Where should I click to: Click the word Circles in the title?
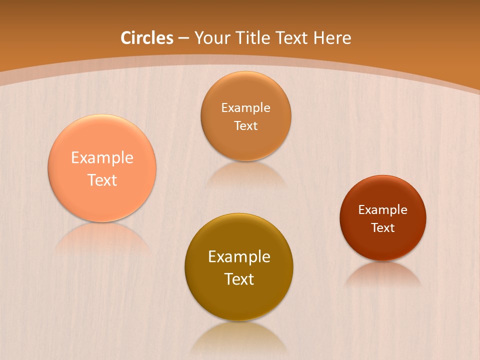147,38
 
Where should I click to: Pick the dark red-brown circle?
383,245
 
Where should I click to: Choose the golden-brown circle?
239,300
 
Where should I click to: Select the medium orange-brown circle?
246,145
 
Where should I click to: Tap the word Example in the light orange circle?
102,158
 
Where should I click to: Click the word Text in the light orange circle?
102,180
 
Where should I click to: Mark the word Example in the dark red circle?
383,210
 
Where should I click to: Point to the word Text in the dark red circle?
383,228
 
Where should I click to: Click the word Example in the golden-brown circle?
239,257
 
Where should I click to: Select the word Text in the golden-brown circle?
239,279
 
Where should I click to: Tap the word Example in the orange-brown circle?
246,107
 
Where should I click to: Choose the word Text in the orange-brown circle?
246,125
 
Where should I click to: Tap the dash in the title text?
183,38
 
